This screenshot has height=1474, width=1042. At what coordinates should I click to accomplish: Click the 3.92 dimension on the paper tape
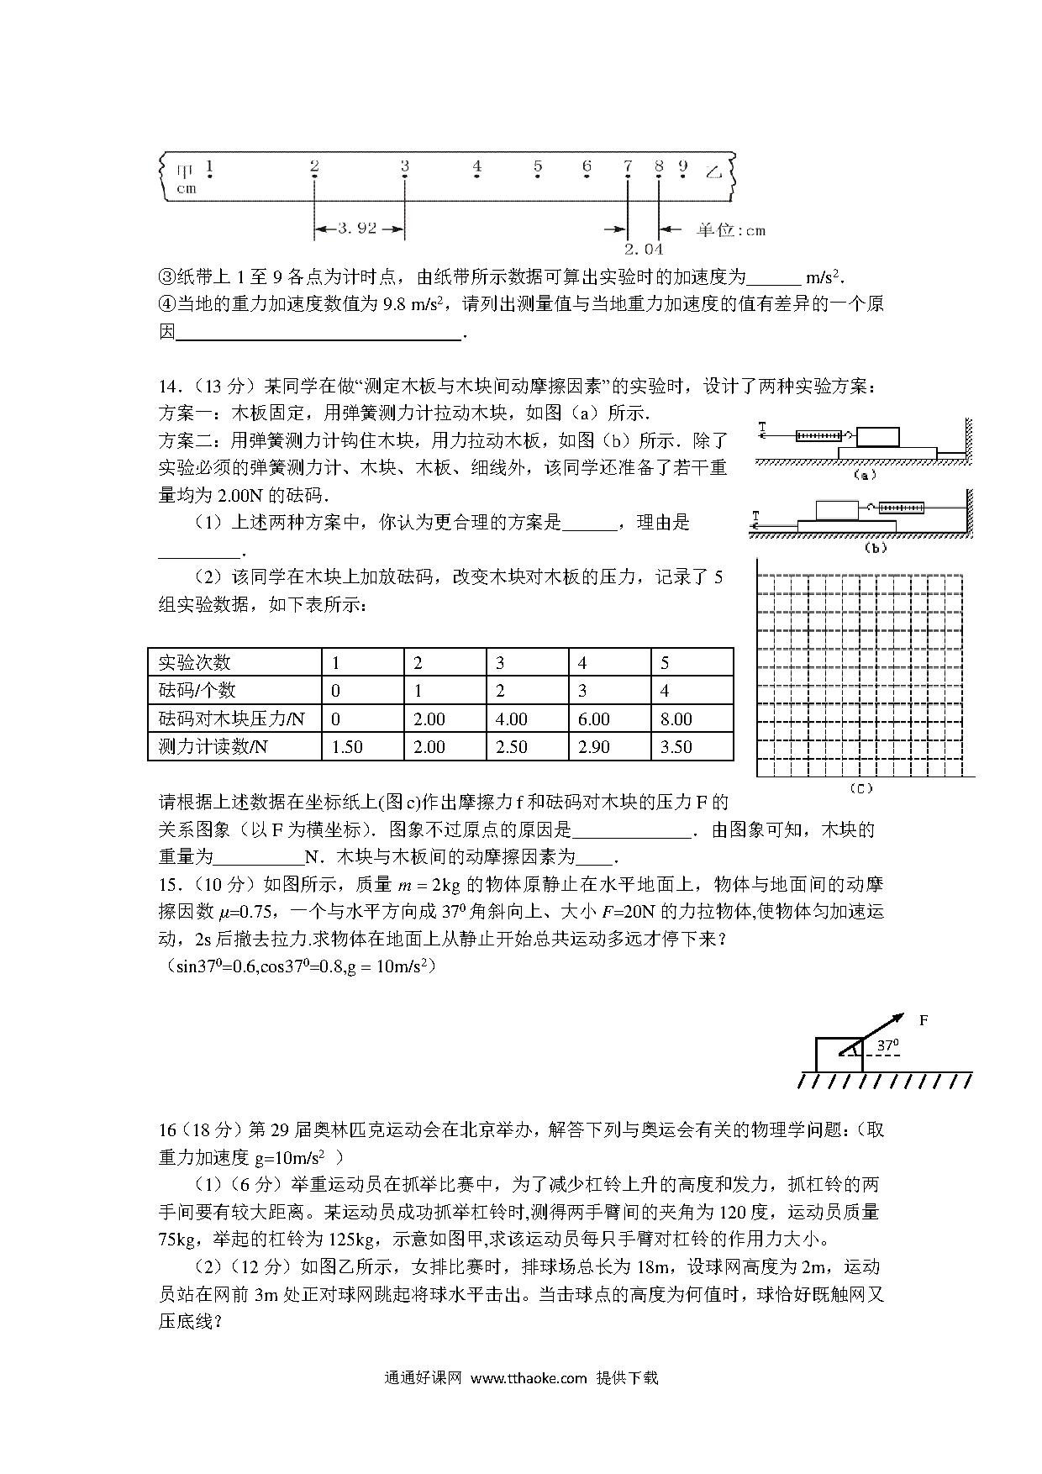(358, 229)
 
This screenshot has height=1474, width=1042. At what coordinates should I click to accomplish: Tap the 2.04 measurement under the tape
(643, 249)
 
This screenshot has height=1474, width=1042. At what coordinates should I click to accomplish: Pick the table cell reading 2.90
(594, 746)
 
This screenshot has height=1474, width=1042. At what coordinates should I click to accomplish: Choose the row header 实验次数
(194, 662)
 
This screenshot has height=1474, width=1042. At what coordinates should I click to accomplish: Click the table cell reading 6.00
(594, 719)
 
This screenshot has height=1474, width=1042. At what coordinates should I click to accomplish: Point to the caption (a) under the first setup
(864, 475)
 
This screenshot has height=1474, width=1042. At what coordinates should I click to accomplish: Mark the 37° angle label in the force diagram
(887, 1046)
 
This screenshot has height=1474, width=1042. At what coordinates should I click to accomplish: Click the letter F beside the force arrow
(924, 1020)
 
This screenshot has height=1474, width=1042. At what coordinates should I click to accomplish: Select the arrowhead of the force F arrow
(898, 1018)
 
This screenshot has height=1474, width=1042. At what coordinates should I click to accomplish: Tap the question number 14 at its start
(167, 387)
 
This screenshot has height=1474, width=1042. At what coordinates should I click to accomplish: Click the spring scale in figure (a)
(818, 436)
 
